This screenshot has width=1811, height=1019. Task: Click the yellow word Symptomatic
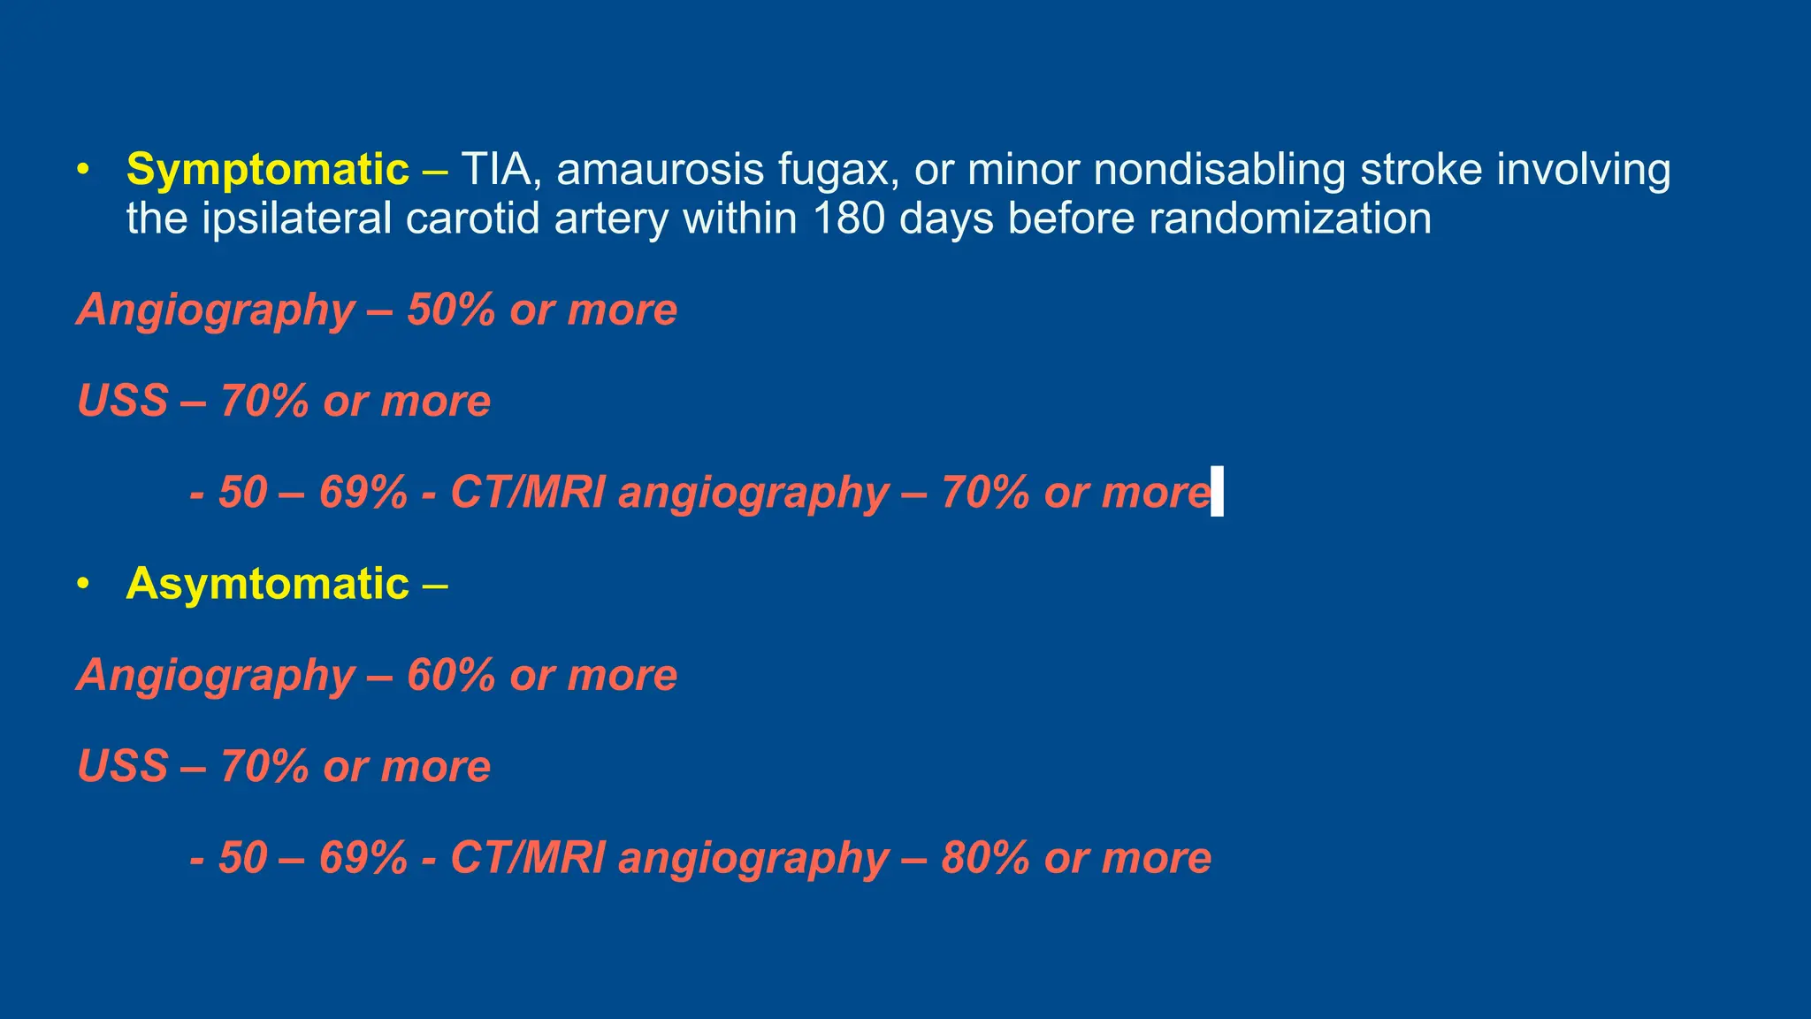[x=267, y=170]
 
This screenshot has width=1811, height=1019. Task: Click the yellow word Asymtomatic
[x=267, y=584]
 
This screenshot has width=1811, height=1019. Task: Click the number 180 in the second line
[x=848, y=218]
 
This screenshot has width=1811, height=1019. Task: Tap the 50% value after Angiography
[x=451, y=310]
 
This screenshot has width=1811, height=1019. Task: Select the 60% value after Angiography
[x=451, y=675]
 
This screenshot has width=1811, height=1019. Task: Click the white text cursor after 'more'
[x=1217, y=491]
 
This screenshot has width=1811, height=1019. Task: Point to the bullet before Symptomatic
[x=83, y=170]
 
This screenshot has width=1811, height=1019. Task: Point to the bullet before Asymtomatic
[x=83, y=584]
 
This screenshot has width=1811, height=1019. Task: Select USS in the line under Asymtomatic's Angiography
[x=122, y=766]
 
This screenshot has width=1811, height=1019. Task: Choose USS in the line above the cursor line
[x=122, y=401]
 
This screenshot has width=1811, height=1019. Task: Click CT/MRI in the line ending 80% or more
[x=528, y=858]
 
